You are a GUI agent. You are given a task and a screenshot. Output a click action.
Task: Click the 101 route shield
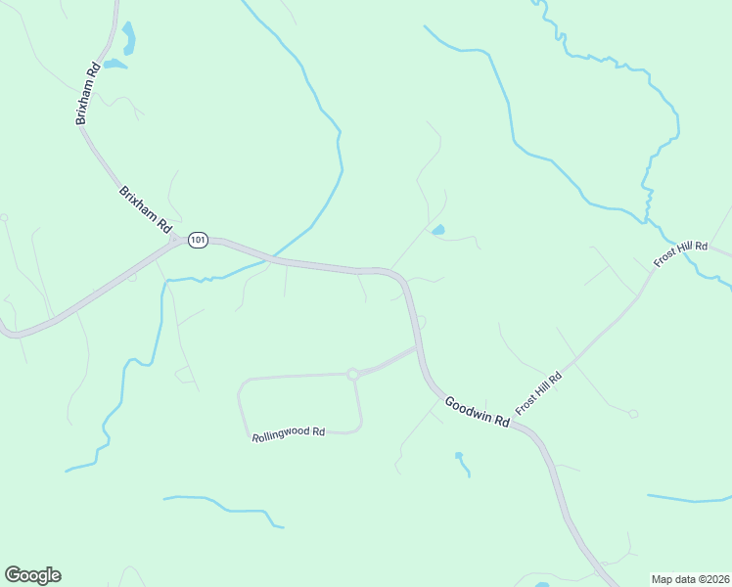pos(199,240)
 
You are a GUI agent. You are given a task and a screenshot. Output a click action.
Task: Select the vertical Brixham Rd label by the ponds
pos(88,94)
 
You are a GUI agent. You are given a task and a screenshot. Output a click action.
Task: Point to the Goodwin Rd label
pos(478,411)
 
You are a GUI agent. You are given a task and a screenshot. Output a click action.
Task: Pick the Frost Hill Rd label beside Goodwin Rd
pos(539,391)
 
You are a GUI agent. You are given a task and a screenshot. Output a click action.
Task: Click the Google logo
pos(32,575)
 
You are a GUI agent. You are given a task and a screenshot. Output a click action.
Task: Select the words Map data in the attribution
pos(674,579)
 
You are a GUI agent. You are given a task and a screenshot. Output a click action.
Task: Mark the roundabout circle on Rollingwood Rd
pos(352,374)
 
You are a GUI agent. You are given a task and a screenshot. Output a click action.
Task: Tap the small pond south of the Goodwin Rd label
pos(458,456)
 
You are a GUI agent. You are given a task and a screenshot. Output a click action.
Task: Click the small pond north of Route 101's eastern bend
pos(437,231)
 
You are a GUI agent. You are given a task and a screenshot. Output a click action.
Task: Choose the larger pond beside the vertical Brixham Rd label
pos(128,39)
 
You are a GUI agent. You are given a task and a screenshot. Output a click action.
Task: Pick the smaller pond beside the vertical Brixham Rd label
pos(114,65)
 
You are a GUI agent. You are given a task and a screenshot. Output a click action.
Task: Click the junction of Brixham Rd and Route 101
pos(176,239)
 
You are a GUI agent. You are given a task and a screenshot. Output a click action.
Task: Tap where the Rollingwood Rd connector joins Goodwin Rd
pos(419,346)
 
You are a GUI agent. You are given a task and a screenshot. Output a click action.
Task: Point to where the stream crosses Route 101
pos(272,258)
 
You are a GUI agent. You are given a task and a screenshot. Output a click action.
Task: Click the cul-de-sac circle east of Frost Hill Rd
pos(633,414)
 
